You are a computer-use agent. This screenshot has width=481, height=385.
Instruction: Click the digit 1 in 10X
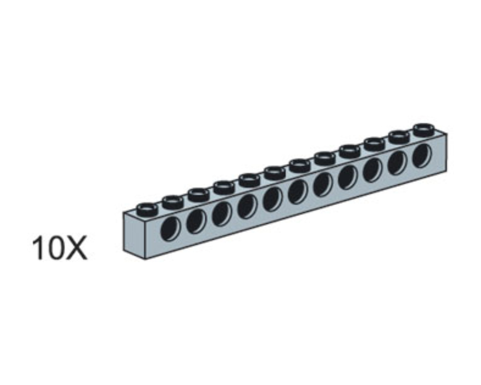37,249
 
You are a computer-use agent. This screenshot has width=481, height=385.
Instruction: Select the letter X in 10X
76,249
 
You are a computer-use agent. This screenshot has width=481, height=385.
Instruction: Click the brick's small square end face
134,235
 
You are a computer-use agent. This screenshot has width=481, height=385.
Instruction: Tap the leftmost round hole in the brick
170,229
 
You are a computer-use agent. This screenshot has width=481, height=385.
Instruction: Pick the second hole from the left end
196,221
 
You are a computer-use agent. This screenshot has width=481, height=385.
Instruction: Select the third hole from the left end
221,214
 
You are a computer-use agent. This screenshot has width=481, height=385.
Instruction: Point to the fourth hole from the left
247,206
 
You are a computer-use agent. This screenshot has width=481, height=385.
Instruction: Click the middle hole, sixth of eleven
297,191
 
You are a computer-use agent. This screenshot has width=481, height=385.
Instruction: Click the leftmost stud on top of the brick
147,209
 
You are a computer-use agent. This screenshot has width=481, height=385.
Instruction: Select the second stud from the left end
173,202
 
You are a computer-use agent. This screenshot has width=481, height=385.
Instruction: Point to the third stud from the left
198,194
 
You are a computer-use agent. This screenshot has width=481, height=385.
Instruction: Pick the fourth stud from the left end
224,187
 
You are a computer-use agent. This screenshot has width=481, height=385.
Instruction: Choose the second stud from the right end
399,137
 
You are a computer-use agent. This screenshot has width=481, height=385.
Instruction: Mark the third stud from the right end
374,144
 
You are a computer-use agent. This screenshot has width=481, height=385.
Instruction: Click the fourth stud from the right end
349,151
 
